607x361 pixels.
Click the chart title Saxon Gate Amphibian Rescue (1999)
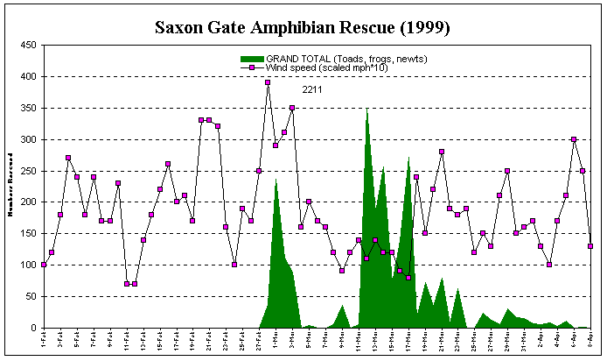point(302,27)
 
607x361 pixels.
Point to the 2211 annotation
point(312,88)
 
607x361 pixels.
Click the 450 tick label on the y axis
point(28,46)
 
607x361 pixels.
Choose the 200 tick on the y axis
point(28,202)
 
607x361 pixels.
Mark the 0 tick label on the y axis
point(33,328)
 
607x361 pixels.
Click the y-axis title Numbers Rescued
point(10,187)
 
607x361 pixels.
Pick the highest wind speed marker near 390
point(268,82)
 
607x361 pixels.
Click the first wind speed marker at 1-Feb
point(44,265)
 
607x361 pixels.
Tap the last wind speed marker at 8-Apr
point(590,246)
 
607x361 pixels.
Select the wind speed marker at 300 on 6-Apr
point(574,139)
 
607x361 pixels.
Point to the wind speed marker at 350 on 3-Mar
point(292,108)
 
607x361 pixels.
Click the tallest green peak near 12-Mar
point(367,111)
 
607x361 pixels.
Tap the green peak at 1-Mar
point(276,181)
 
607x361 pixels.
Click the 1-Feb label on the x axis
point(44,343)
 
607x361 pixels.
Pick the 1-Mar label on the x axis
point(276,343)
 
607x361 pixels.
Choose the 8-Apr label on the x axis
point(590,343)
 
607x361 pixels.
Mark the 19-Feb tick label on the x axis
point(192,343)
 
